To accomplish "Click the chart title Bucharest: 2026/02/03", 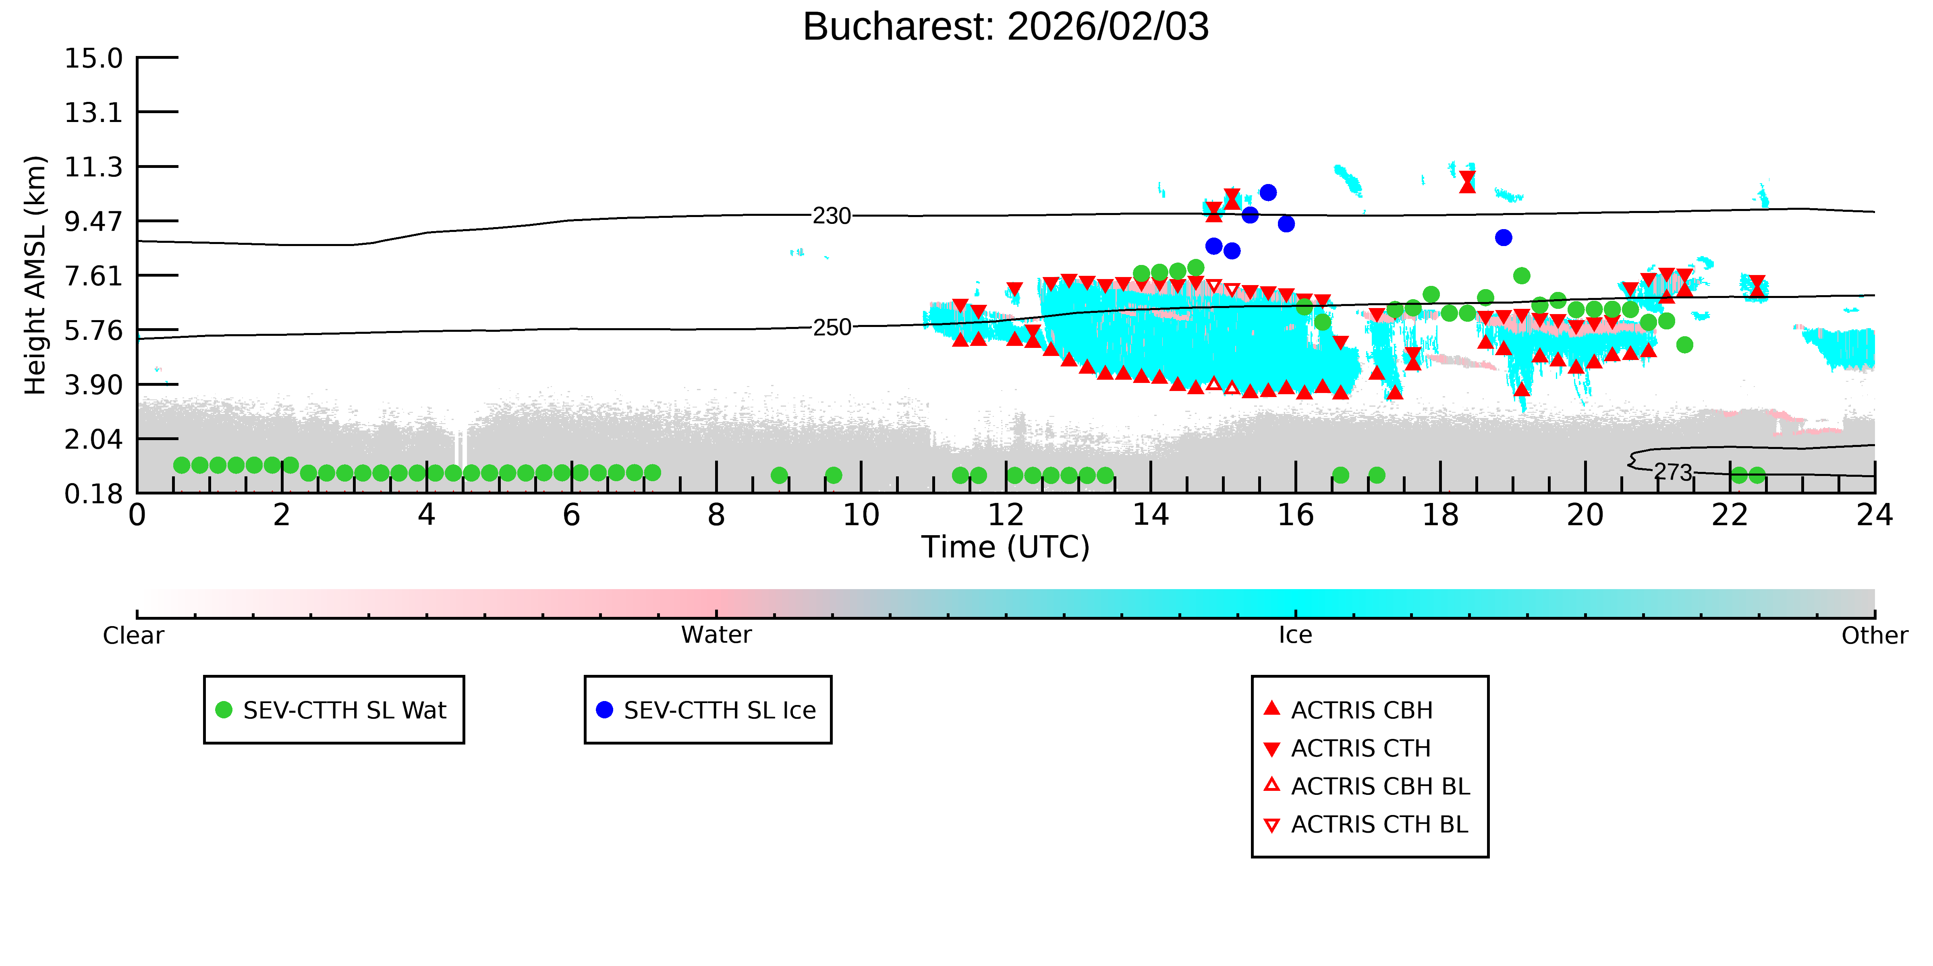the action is pyautogui.click(x=1006, y=27).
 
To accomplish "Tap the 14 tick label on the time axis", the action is pyautogui.click(x=1150, y=515).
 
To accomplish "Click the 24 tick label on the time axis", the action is pyautogui.click(x=1875, y=515).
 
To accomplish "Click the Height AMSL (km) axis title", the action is pyautogui.click(x=35, y=275).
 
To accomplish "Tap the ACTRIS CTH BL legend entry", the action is pyautogui.click(x=1366, y=824).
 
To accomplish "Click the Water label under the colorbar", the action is pyautogui.click(x=716, y=635).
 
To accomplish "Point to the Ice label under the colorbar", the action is pyautogui.click(x=1295, y=635).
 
